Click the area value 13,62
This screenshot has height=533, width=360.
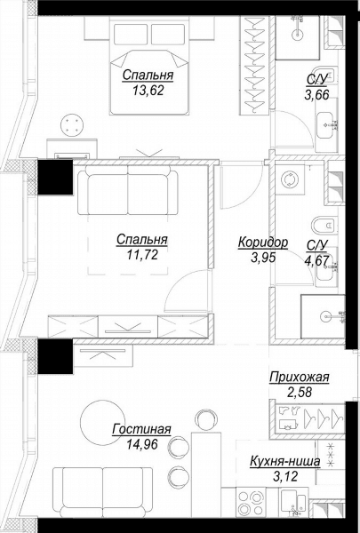148,91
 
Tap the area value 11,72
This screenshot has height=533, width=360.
142,255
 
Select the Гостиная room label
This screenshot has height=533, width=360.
141,429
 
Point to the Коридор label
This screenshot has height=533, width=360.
263,243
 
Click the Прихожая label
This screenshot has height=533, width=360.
300,377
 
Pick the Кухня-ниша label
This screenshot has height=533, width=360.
285,462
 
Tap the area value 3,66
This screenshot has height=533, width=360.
316,95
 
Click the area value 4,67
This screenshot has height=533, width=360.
316,260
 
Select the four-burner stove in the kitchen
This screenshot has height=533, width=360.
251,503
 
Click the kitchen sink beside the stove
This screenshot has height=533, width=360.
294,503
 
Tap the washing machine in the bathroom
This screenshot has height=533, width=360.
290,179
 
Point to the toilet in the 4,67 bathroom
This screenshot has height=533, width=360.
324,225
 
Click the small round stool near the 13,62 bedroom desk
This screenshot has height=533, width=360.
71,125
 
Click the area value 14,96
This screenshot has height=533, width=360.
142,444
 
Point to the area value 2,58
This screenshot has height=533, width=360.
300,393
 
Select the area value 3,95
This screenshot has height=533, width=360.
263,258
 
